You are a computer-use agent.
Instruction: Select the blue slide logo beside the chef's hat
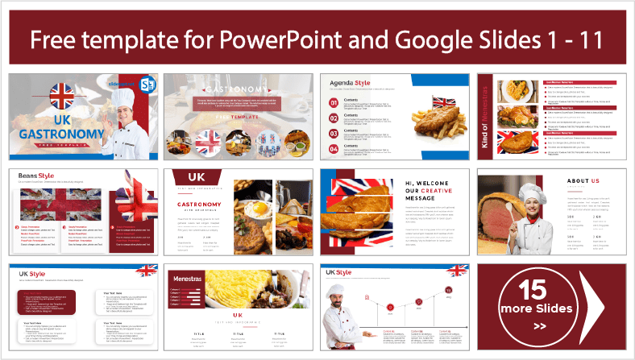[148, 85]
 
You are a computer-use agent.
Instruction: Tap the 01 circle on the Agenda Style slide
[334, 103]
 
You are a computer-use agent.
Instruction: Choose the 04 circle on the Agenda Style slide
[334, 147]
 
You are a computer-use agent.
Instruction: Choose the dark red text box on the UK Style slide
[52, 304]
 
